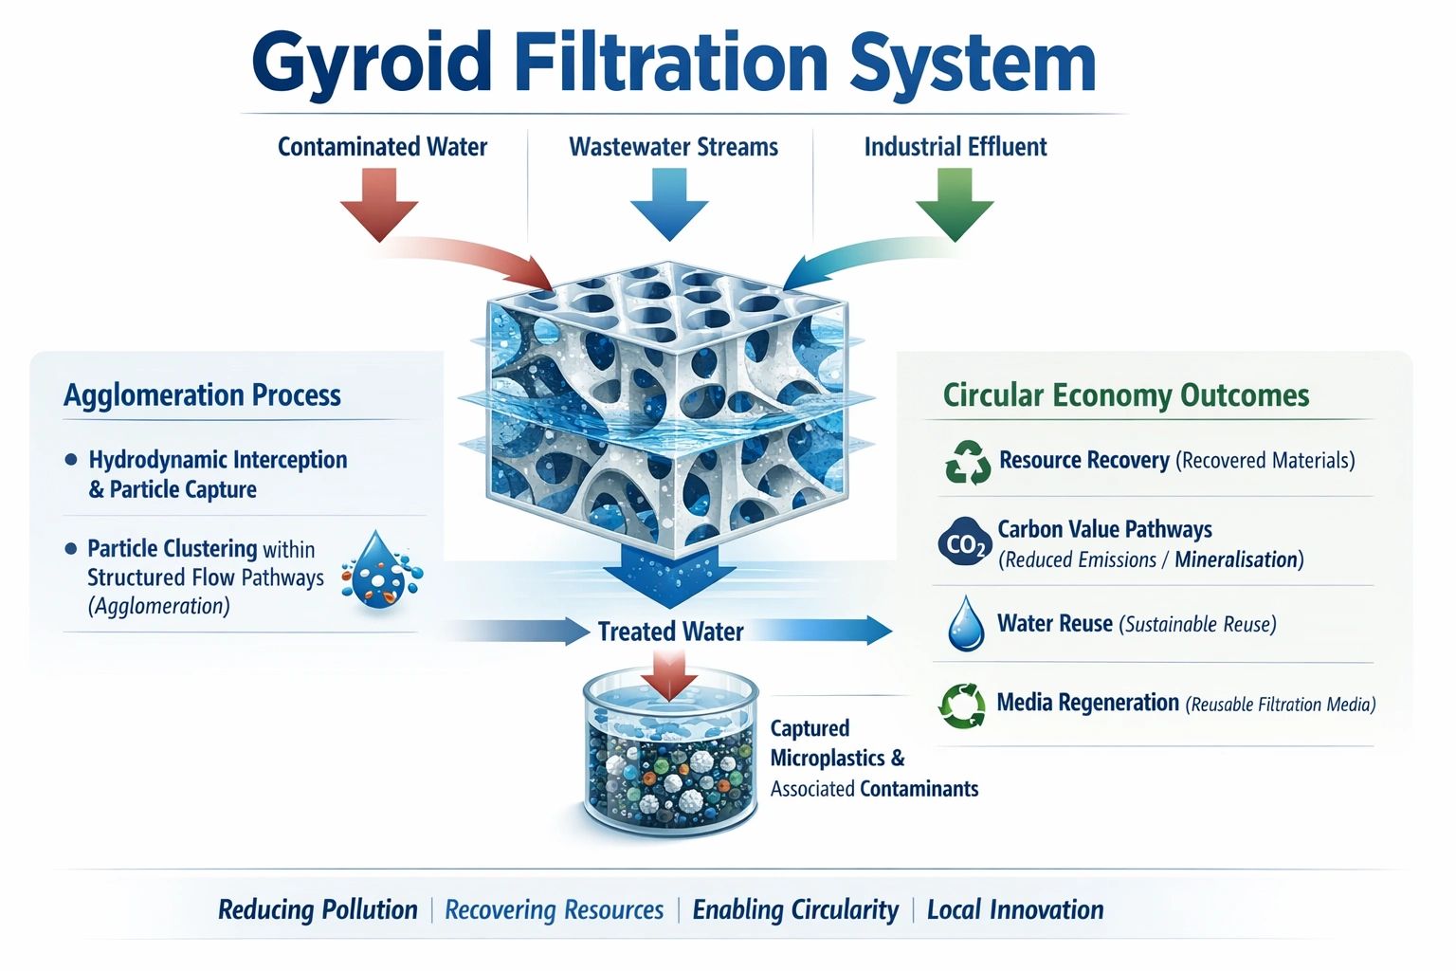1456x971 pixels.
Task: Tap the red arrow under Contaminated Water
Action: [380, 204]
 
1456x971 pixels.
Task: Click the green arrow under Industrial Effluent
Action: [954, 204]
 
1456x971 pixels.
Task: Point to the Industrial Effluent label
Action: [955, 147]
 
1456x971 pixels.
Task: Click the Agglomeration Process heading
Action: [202, 394]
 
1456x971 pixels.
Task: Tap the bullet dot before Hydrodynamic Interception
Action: [71, 460]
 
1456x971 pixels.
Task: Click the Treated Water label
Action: [670, 632]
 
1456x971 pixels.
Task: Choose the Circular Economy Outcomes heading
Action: [1126, 394]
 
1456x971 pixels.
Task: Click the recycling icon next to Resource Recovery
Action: [967, 463]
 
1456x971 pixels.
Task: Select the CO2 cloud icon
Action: [965, 543]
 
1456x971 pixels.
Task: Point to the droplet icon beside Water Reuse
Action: [966, 624]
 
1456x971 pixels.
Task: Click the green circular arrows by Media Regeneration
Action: [962, 705]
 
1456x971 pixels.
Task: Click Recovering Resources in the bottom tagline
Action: [555, 910]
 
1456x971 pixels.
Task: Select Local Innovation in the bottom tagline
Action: [1015, 910]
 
